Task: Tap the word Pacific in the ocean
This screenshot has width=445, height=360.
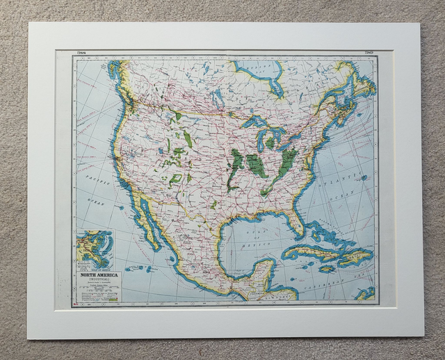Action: [90, 179]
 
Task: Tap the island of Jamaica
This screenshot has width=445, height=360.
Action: [327, 268]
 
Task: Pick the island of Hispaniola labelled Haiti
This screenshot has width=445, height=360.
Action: [355, 257]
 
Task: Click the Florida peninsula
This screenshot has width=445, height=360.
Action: [298, 221]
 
